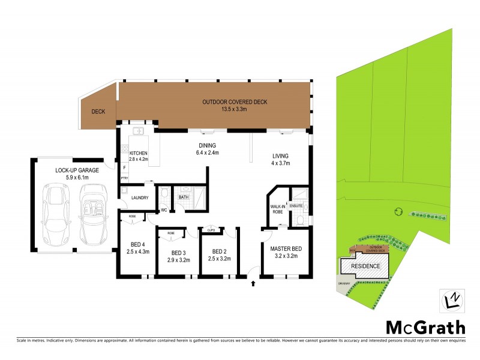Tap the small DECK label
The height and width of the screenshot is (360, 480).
click(x=98, y=112)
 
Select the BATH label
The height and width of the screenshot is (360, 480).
click(x=183, y=196)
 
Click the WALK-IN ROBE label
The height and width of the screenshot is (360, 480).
click(x=277, y=209)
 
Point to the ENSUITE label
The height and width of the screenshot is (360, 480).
click(x=296, y=206)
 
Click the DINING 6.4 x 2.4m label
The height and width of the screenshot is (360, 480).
click(x=207, y=149)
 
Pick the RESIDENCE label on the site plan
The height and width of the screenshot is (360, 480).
click(x=365, y=265)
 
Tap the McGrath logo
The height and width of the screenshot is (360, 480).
click(x=425, y=328)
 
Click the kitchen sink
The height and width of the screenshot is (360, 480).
click(x=139, y=130)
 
